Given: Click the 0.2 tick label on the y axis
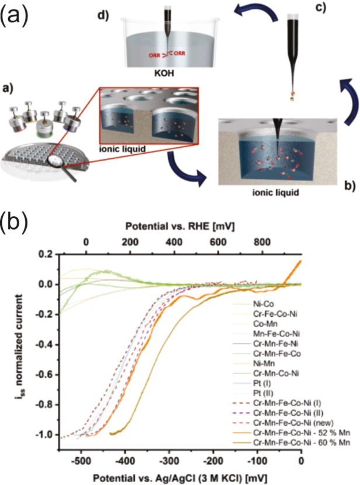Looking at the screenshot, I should [x=47, y=255].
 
